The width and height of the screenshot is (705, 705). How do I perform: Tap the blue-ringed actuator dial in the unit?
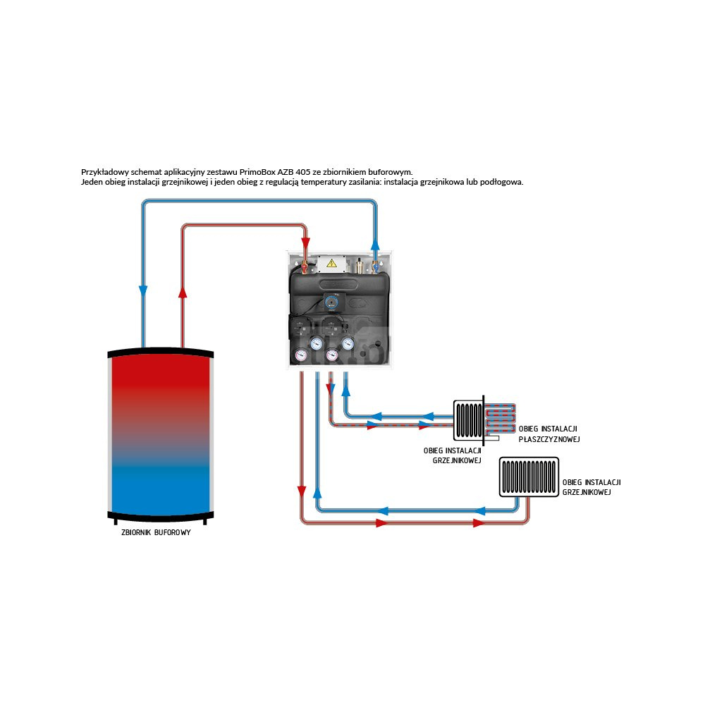[x=331, y=302]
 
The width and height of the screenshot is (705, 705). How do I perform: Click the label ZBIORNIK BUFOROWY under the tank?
[x=156, y=533]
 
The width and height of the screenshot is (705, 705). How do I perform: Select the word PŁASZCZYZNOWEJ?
[x=548, y=439]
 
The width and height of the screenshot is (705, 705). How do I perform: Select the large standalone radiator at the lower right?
[x=529, y=477]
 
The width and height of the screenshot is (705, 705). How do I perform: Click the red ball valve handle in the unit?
[x=305, y=266]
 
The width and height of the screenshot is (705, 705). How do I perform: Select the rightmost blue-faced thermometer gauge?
[x=348, y=343]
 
